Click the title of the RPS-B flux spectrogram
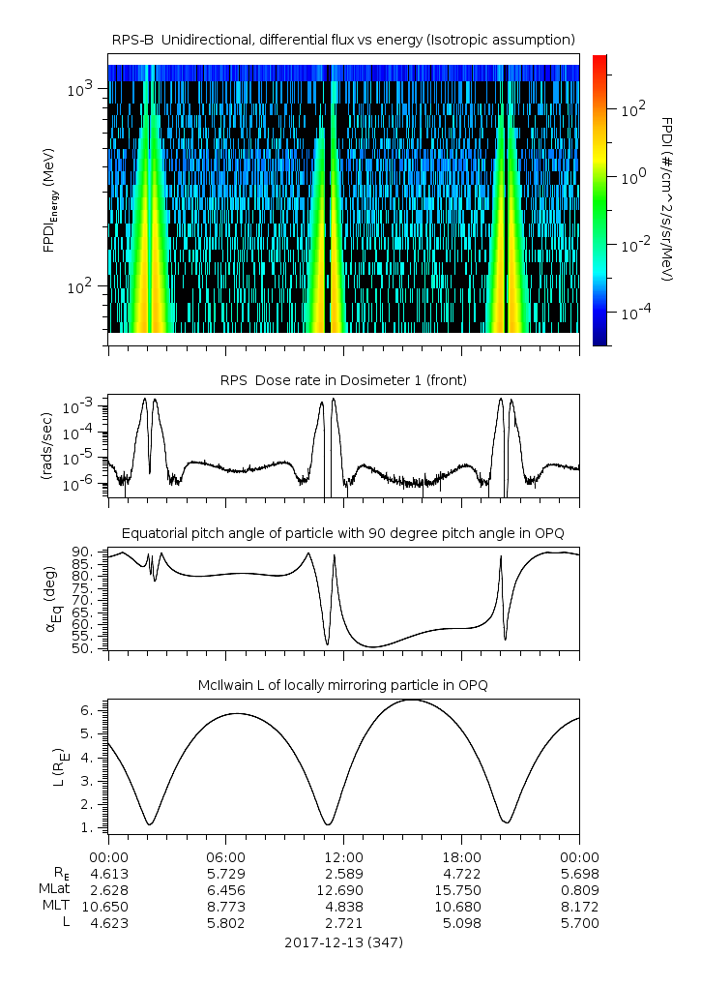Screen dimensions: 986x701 [343, 39]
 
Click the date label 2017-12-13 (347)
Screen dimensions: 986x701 [343, 941]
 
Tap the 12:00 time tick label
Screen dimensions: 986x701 [343, 856]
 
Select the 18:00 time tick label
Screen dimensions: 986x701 [461, 856]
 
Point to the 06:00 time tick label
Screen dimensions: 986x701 [225, 856]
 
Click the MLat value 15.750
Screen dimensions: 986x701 [461, 889]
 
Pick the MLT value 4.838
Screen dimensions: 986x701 [343, 906]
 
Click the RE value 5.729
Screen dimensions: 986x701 [225, 873]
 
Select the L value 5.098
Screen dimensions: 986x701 [461, 922]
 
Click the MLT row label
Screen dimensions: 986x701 [54, 906]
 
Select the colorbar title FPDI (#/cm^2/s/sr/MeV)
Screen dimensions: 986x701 [668, 199]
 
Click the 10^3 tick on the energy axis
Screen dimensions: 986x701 [79, 89]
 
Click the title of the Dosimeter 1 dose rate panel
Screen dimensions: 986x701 [343, 380]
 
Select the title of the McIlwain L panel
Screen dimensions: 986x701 [343, 685]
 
